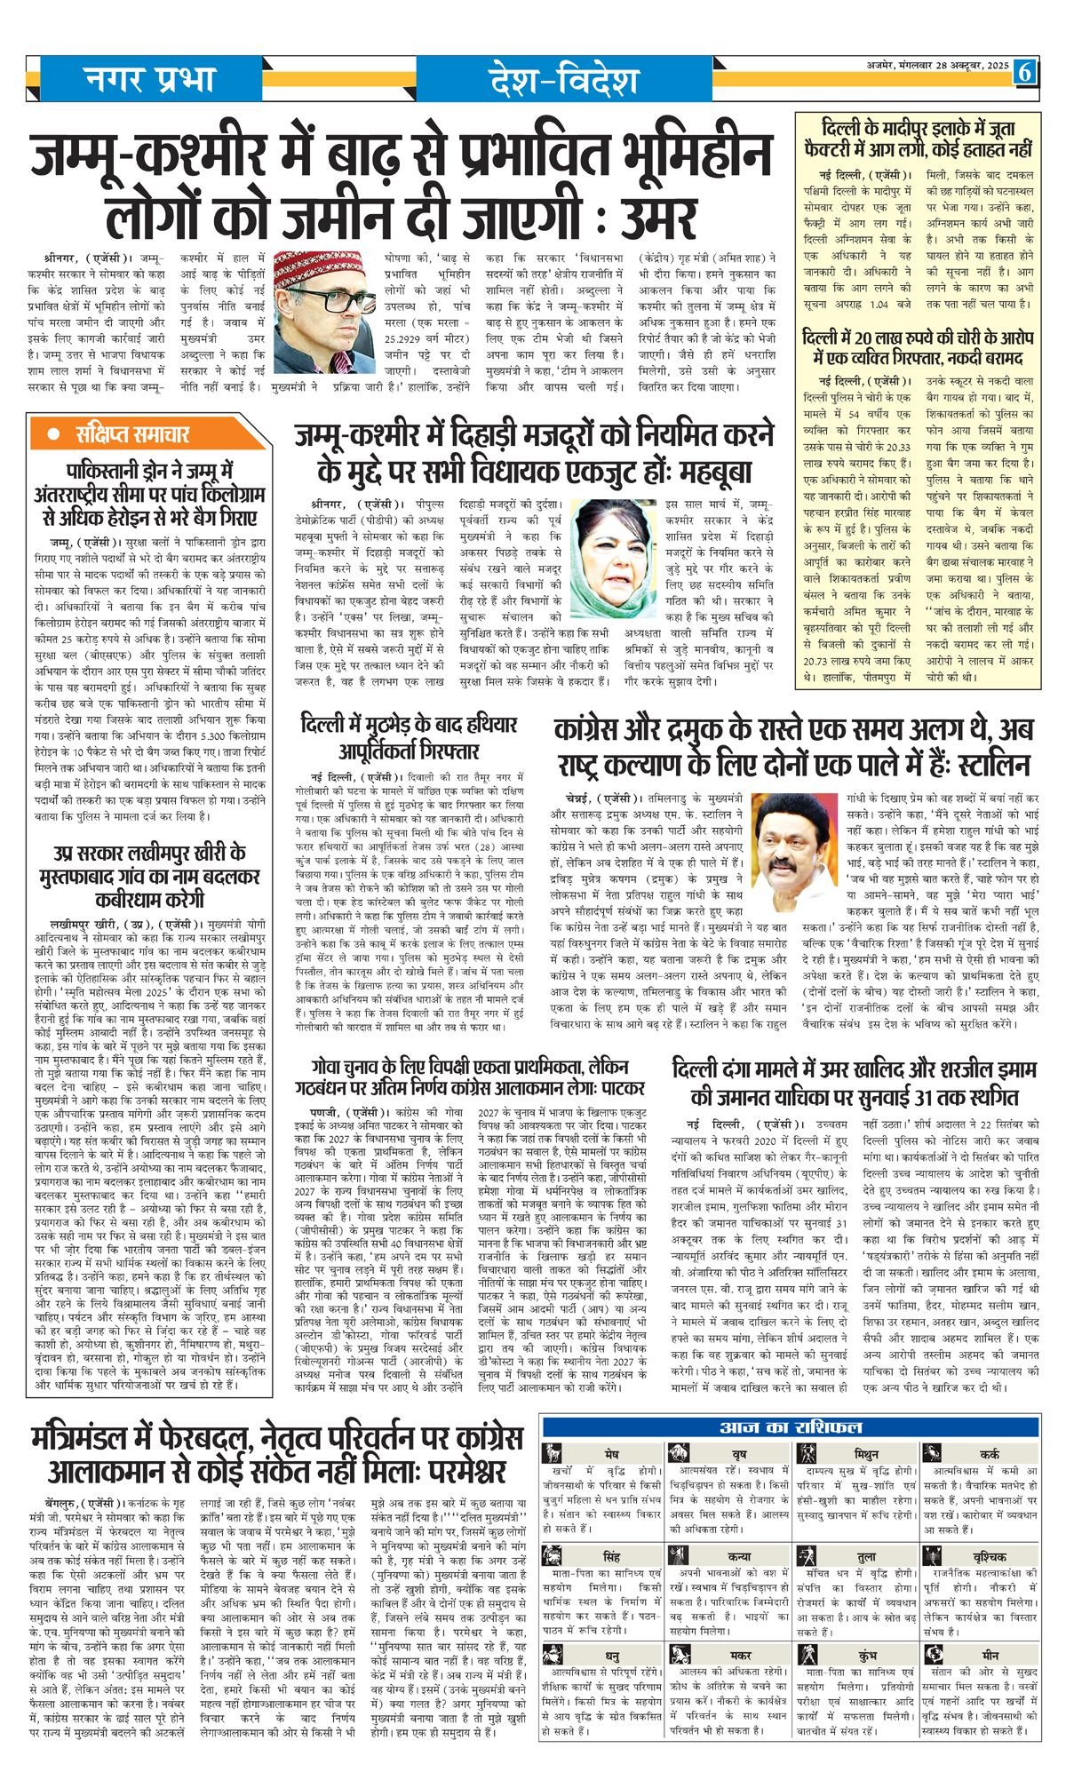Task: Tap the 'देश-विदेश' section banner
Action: (x=562, y=81)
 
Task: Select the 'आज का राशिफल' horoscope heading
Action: (x=792, y=1428)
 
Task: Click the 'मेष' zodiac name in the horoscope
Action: (x=609, y=1454)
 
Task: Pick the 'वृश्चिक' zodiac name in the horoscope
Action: (x=990, y=1557)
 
